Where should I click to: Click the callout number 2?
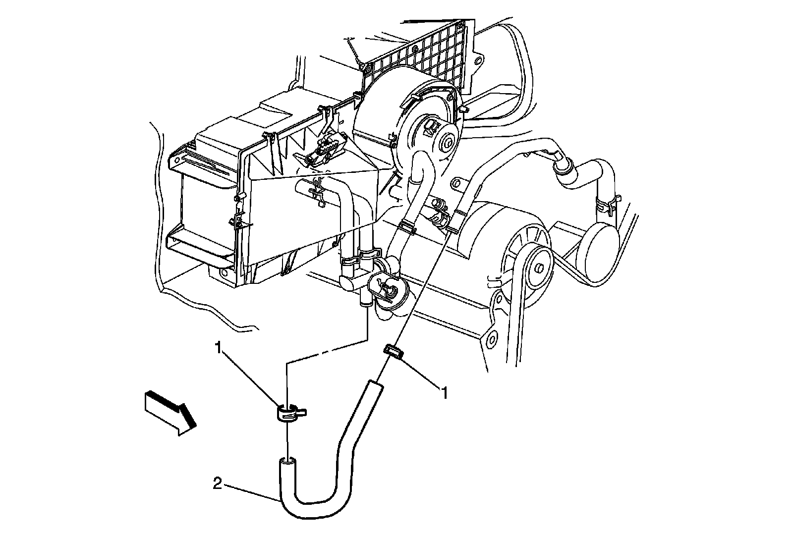(217, 483)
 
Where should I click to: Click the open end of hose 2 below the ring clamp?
(287, 462)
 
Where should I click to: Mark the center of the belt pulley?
(538, 268)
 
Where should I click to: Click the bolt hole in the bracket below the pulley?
(492, 338)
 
